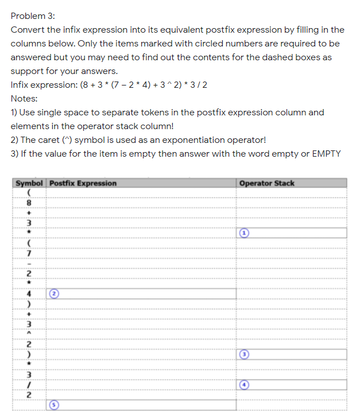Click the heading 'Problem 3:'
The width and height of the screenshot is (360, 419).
click(31, 15)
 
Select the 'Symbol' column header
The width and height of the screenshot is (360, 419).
click(29, 183)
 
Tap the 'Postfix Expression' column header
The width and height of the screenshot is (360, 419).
click(83, 183)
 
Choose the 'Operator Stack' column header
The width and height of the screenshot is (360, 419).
click(266, 183)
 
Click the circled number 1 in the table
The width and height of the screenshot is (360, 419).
click(244, 233)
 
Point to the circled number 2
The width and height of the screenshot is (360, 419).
click(55, 293)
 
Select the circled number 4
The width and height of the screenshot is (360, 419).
click(244, 385)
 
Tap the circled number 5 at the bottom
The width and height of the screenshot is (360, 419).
click(55, 405)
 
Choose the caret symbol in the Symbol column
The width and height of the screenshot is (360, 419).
click(28, 334)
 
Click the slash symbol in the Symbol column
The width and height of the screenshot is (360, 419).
click(28, 385)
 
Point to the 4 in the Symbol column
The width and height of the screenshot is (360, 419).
click(28, 293)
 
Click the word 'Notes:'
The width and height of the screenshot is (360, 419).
click(24, 99)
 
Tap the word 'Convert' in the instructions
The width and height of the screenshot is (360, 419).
click(27, 30)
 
